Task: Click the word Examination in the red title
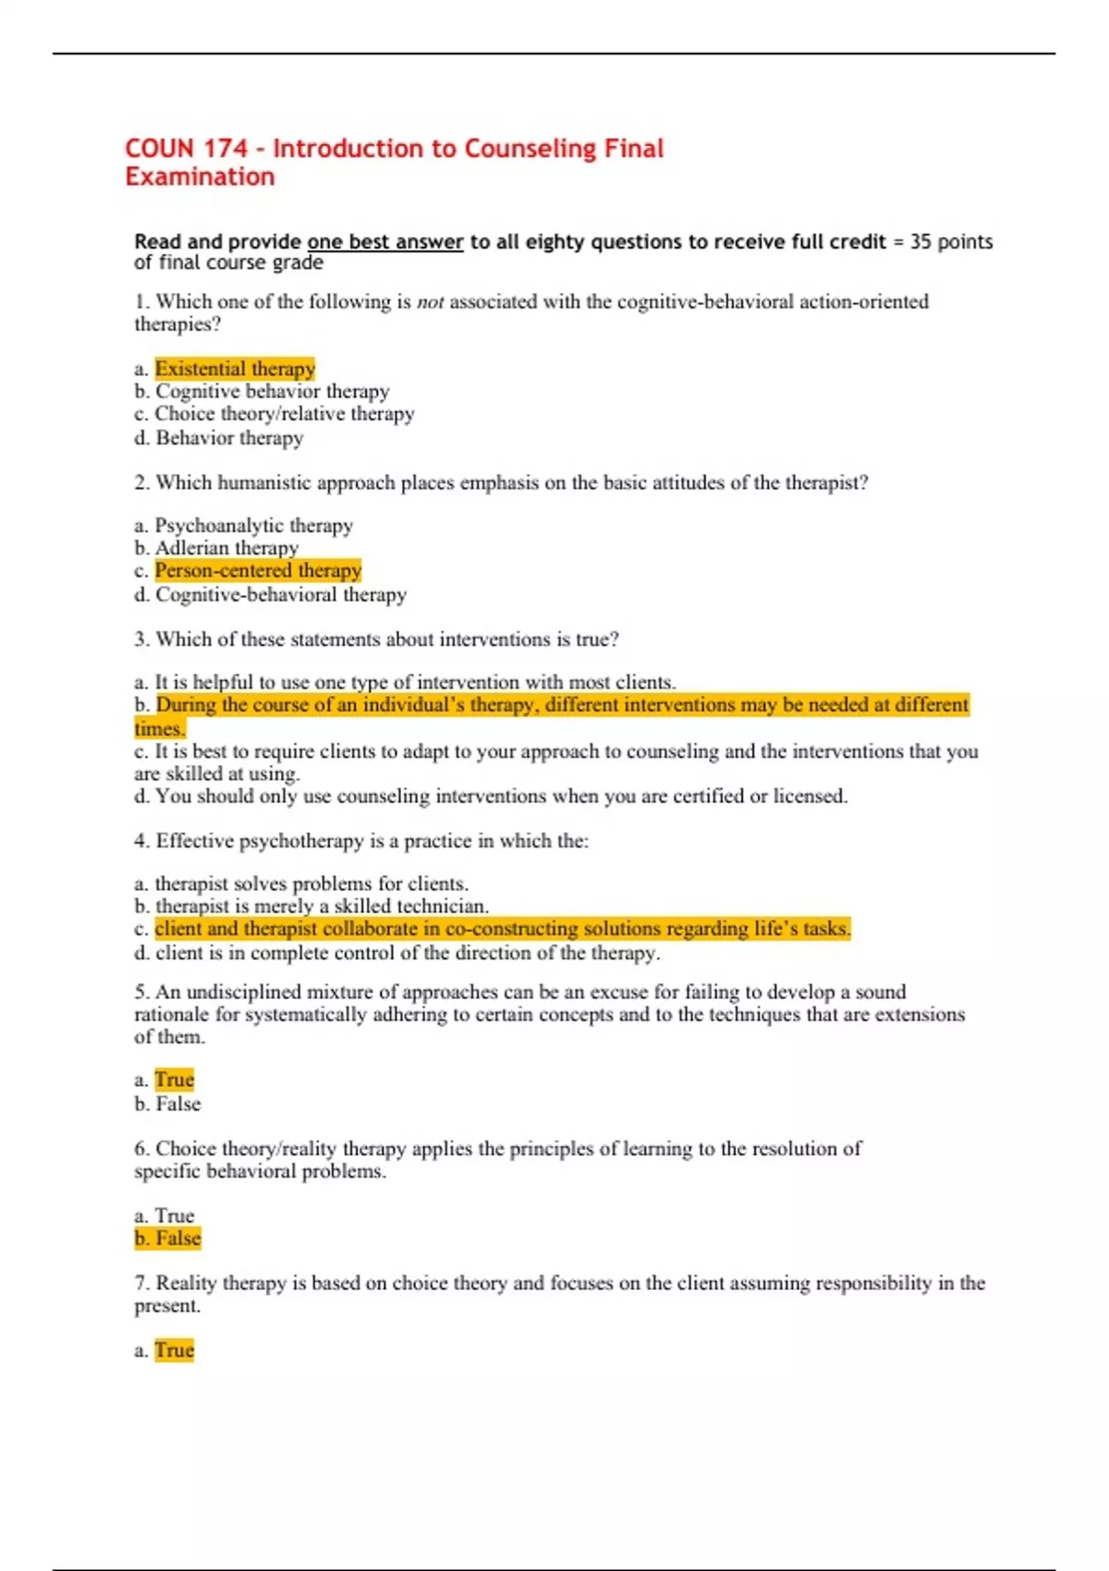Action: pos(200,177)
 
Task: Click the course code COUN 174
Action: pos(186,149)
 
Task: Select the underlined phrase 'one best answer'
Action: pos(384,242)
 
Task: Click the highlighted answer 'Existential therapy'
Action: pos(235,369)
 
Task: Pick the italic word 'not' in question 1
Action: pos(430,301)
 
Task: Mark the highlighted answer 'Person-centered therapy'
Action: pos(258,570)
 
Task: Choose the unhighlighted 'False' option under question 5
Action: pos(177,1104)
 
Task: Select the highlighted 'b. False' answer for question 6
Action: pos(167,1238)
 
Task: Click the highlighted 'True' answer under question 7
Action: pos(174,1351)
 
